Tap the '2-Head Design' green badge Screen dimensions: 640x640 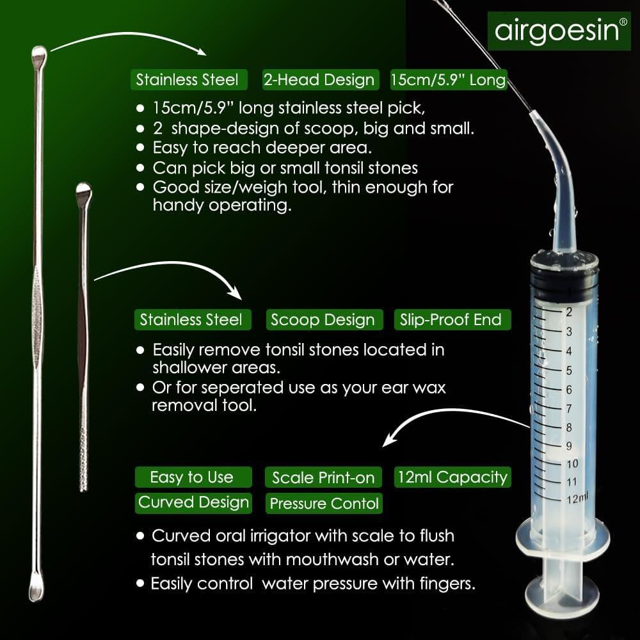[x=319, y=80]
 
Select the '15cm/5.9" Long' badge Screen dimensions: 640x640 [x=448, y=81]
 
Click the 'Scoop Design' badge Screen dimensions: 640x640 [x=323, y=320]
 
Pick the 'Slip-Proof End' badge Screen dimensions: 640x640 [x=451, y=320]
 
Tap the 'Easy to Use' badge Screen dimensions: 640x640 [x=191, y=477]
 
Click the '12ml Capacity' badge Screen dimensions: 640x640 [x=452, y=477]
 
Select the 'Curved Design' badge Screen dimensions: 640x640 [x=194, y=502]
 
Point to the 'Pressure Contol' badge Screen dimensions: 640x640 [x=324, y=504]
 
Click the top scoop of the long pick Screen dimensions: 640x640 [x=39, y=54]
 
